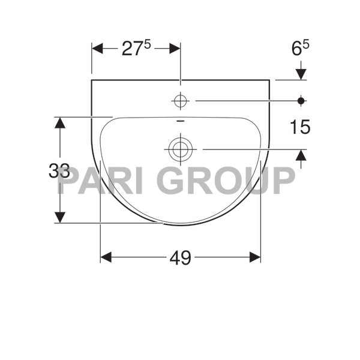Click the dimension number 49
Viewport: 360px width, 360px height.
(180, 257)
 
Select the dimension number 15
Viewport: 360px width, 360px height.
(300, 127)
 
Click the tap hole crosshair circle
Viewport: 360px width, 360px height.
(180, 101)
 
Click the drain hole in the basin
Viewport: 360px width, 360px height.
(180, 148)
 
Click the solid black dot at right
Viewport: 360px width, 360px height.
(301, 101)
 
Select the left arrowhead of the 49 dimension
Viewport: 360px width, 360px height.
(106, 257)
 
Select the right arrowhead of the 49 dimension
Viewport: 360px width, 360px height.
(255, 257)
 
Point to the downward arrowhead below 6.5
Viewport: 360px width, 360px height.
(301, 74)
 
